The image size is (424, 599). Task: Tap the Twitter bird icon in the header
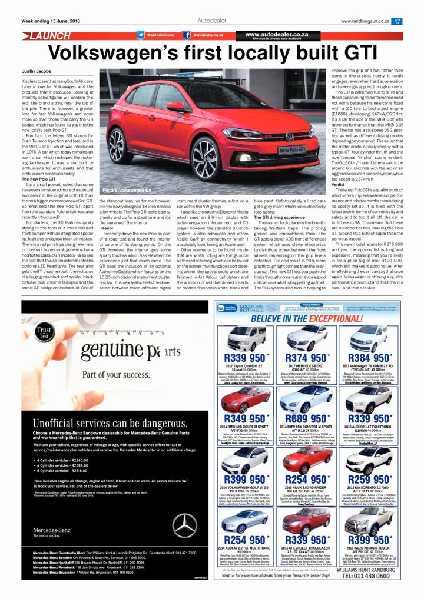pyautogui.click(x=141, y=35)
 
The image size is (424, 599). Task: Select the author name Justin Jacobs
pyautogui.click(x=37, y=70)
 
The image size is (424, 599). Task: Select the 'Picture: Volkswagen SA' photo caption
pyautogui.click(x=127, y=191)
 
